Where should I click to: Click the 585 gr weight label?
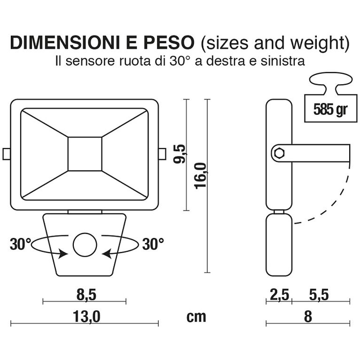[328, 110]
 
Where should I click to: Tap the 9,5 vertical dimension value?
[180, 154]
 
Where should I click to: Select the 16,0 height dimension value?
[201, 175]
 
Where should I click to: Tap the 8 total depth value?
[308, 317]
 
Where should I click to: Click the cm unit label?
[196, 317]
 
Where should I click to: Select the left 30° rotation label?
[21, 244]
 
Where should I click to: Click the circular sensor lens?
[85, 245]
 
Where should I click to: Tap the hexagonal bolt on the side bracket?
[278, 153]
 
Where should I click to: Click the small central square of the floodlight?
[85, 154]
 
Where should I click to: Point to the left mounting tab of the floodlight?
[7, 154]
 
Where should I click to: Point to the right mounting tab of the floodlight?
[162, 154]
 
